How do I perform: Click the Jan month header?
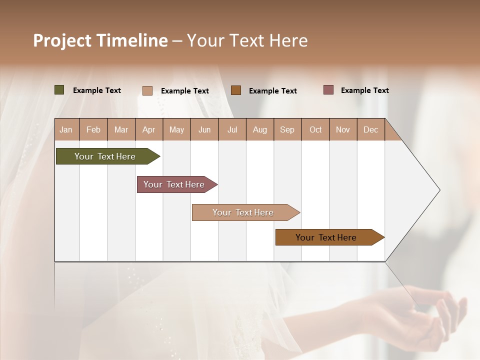coord(66,129)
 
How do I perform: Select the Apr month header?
coord(148,129)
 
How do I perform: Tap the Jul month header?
coord(232,129)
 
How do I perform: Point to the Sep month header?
coord(287,129)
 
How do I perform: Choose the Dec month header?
coord(370,129)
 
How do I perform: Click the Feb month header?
coord(93,129)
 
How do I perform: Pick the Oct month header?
coord(315,129)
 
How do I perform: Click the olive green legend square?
coord(59,90)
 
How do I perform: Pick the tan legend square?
coord(147,90)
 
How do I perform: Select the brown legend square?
coord(236,90)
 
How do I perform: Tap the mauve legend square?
coord(328,90)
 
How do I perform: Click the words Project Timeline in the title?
coord(100,40)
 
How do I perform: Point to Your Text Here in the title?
coord(247,40)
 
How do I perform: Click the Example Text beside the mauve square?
coord(364,90)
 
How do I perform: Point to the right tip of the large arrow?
coord(439,190)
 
